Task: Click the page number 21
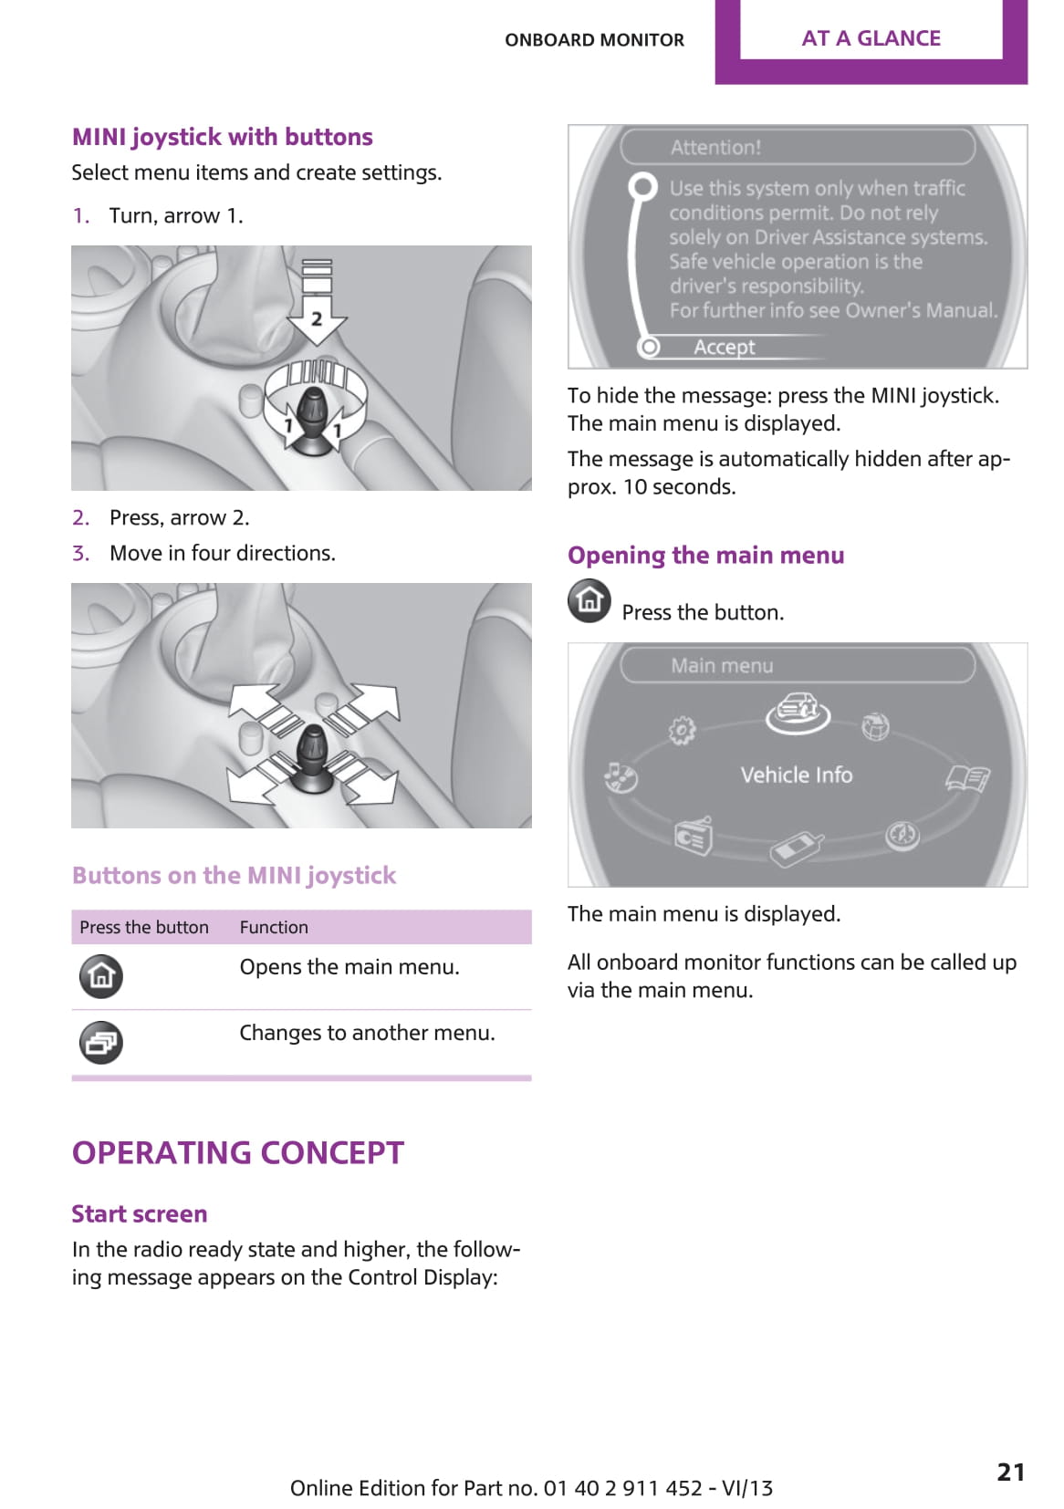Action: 1010,1471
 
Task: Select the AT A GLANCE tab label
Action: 871,38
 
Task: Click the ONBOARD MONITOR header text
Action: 594,40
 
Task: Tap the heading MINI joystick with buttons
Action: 223,137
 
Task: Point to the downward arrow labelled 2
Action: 317,310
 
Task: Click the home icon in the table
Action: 101,975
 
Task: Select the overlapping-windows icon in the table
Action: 101,1042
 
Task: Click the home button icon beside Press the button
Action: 589,600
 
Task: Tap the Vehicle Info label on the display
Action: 796,775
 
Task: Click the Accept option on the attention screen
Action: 724,347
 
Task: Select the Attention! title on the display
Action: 715,147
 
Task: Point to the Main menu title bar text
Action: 722,665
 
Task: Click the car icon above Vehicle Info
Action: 797,712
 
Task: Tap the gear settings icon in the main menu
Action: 682,730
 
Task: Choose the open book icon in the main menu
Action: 967,778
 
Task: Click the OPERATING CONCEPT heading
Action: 238,1152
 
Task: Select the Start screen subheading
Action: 140,1213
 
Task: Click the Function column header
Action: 274,927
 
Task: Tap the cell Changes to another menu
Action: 367,1033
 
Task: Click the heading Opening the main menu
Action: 705,555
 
